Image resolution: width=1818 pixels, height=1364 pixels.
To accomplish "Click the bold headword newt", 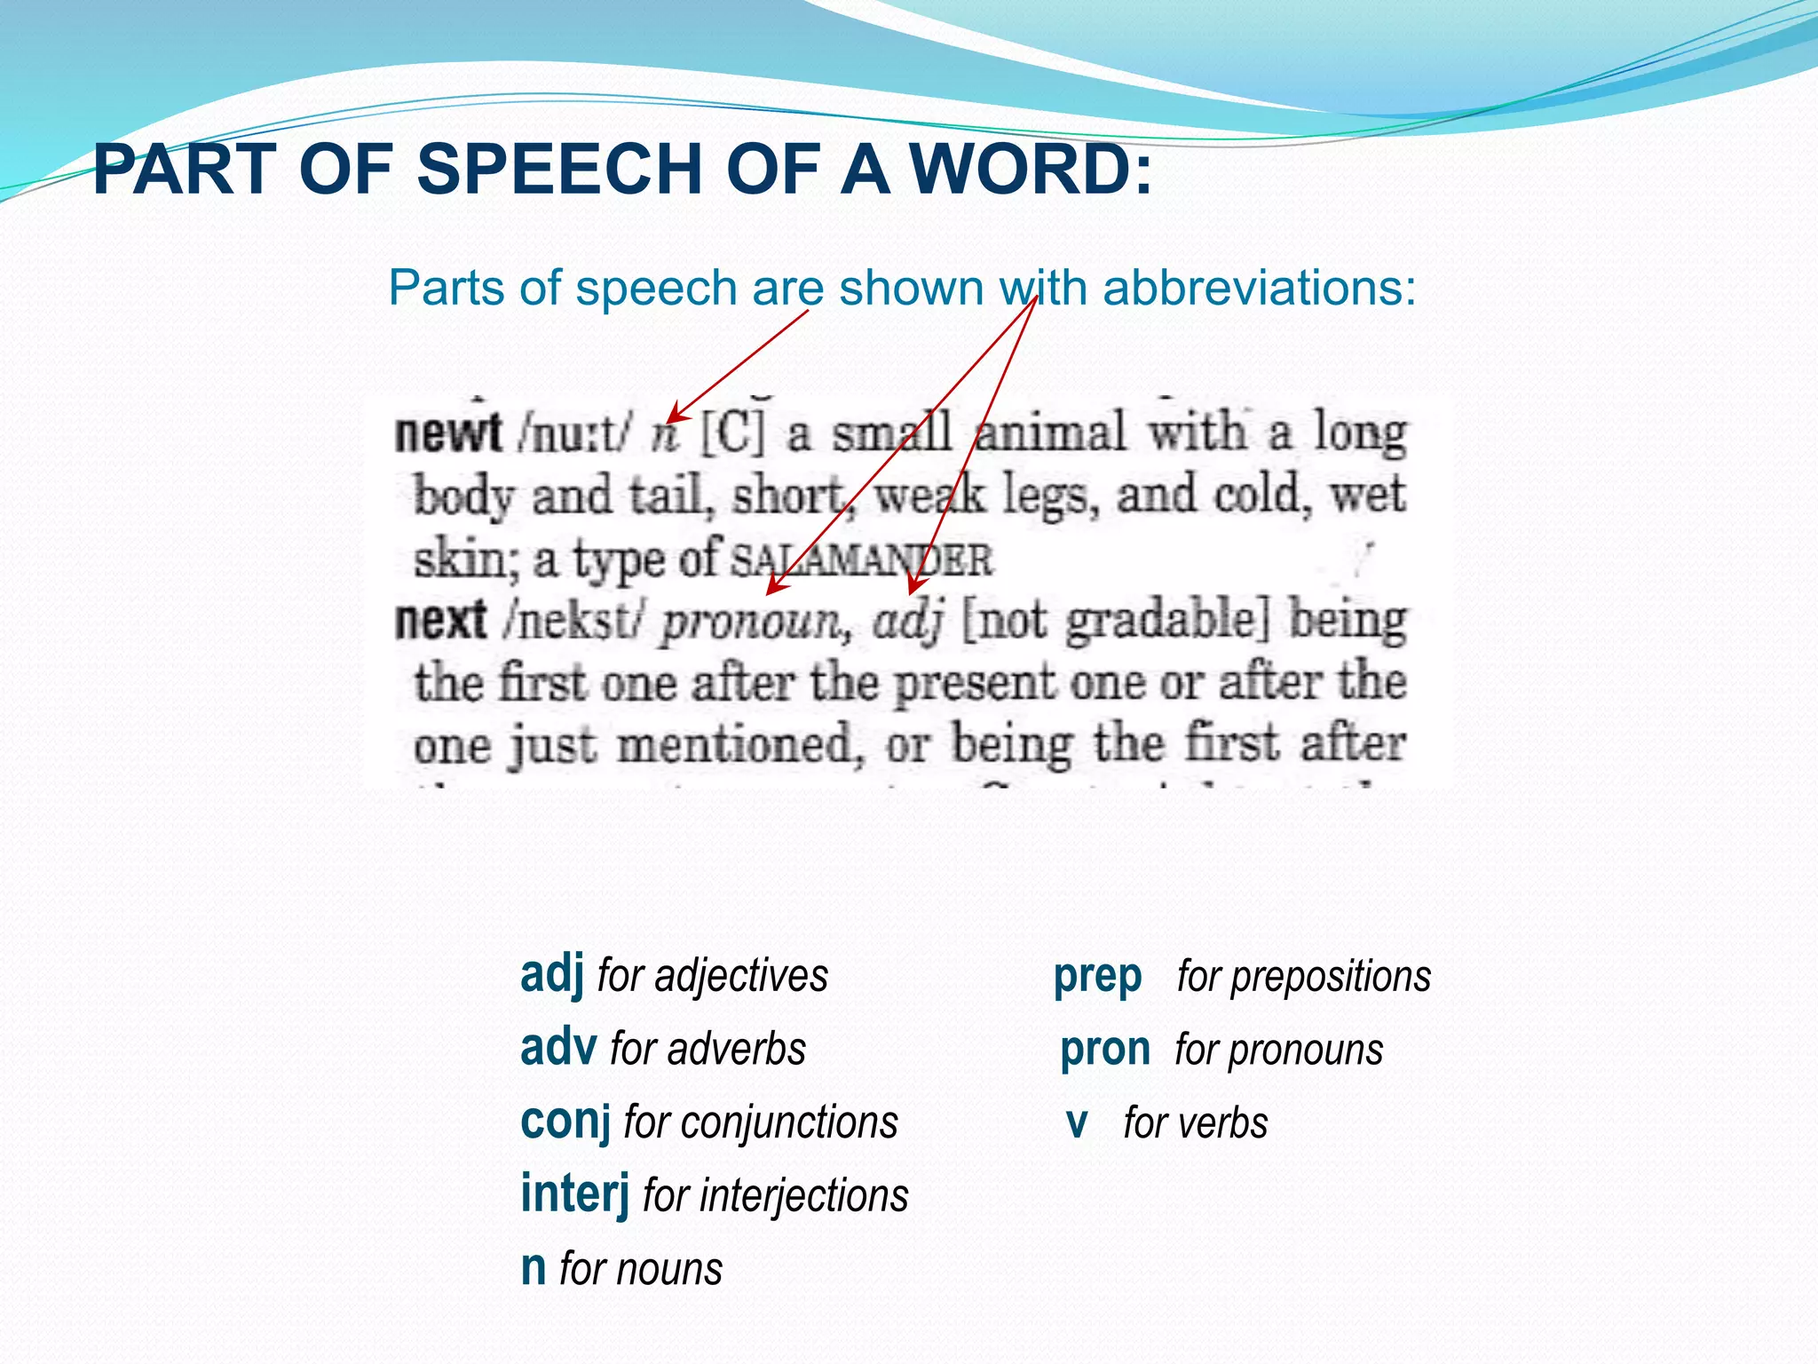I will tap(448, 433).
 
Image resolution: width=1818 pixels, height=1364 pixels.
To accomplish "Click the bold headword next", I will tap(440, 620).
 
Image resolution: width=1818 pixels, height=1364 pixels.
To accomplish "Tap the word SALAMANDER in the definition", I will tap(861, 560).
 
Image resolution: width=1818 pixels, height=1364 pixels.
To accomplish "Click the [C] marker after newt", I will tap(731, 433).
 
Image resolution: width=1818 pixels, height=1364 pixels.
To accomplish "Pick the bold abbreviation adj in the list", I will tap(551, 974).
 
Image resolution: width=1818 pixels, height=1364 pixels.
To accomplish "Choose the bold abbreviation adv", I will tap(557, 1048).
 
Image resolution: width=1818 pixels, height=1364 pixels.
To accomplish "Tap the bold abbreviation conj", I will tap(565, 1122).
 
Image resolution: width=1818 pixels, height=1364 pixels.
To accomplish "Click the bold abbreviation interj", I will tap(574, 1193).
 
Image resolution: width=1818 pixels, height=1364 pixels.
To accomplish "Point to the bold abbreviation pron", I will tap(1104, 1050).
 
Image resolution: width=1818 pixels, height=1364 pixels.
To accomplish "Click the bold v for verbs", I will tap(1076, 1123).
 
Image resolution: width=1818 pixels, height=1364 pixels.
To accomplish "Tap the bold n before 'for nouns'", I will tap(534, 1268).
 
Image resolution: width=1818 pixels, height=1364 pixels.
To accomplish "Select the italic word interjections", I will tap(804, 1195).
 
